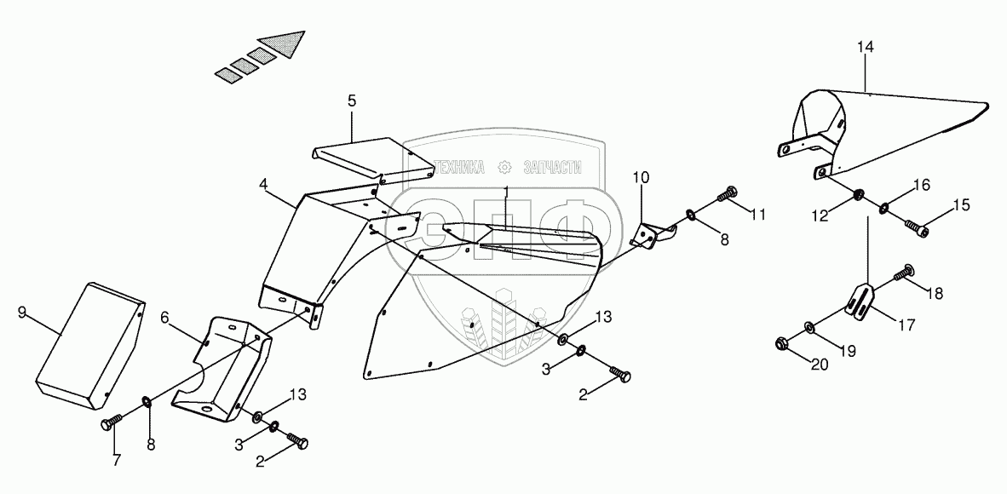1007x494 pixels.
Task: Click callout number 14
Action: click(x=865, y=49)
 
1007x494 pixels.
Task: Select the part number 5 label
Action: click(x=352, y=101)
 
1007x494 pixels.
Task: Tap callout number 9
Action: click(x=22, y=313)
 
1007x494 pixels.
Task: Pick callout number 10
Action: click(x=641, y=177)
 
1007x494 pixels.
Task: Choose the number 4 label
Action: click(x=264, y=184)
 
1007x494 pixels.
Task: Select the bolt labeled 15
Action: click(x=917, y=227)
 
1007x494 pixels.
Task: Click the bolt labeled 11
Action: click(x=728, y=194)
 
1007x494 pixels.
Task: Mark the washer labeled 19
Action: click(x=808, y=327)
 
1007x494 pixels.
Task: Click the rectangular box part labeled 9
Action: click(x=89, y=345)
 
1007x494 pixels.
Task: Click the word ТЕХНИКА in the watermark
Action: click(x=461, y=167)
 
